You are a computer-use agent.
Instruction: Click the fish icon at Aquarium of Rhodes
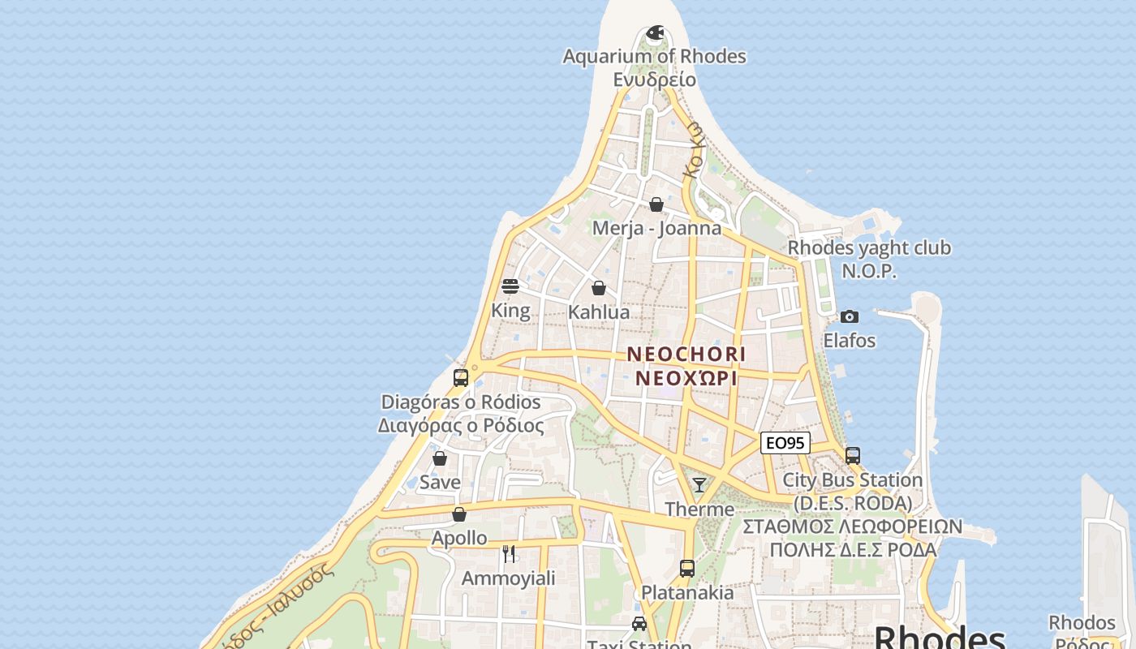655,32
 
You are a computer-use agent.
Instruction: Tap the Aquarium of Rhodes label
654,57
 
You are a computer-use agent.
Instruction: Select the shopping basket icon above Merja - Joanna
656,204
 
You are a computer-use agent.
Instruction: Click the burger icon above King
510,286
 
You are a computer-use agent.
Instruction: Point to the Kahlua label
599,312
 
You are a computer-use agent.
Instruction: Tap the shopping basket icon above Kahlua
599,288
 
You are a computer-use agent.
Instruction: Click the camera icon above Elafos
850,316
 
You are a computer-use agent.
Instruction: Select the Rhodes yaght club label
869,248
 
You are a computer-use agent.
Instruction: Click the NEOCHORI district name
686,355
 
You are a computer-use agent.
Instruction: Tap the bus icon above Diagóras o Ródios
460,377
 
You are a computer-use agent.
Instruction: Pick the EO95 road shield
785,443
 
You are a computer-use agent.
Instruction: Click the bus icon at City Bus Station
852,456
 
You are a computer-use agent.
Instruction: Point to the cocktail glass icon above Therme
699,485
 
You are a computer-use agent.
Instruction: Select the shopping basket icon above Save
440,458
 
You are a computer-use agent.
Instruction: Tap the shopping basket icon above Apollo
459,514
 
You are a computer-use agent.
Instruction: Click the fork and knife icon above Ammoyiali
509,553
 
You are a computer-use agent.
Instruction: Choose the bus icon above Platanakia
687,568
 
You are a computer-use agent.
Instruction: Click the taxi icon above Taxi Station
639,623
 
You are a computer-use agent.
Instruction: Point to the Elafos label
850,341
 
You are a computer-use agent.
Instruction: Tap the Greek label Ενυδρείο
654,80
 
